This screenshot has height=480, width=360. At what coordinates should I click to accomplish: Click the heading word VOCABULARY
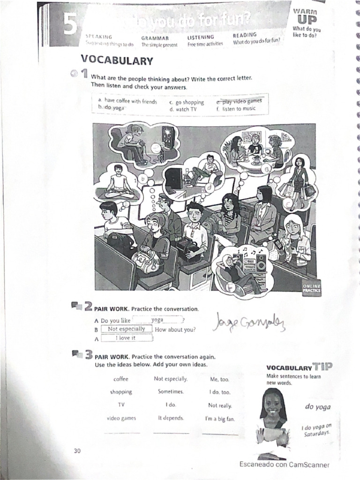point(117,60)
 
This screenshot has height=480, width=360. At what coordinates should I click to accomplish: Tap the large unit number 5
point(71,26)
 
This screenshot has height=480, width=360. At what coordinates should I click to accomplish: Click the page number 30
point(77,451)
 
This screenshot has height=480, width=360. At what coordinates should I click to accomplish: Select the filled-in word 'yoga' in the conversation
point(157,320)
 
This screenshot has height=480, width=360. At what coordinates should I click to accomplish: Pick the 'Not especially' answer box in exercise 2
point(126,329)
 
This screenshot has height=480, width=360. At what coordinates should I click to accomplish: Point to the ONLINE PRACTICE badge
point(312,288)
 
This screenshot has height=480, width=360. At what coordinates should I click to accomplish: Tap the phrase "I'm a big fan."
point(220,418)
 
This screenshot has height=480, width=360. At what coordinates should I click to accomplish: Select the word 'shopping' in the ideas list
point(121,392)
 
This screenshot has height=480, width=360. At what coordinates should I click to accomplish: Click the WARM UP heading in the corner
point(305,16)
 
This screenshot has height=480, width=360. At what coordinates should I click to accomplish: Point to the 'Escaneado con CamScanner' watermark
point(284,465)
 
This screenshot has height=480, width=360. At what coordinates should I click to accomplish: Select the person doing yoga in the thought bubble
point(119,183)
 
